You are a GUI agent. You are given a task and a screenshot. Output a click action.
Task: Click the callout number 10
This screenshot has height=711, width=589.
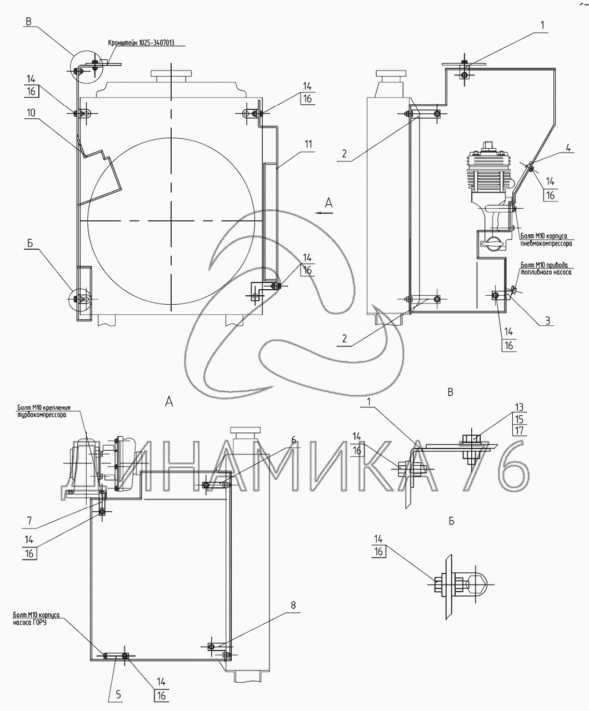click(x=30, y=112)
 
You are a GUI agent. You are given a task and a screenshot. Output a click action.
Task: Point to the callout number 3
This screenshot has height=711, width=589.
click(x=547, y=320)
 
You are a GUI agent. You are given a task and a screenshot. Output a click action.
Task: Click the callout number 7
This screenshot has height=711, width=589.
click(x=29, y=521)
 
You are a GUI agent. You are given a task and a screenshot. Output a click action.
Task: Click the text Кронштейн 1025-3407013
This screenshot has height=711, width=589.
click(x=146, y=43)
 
